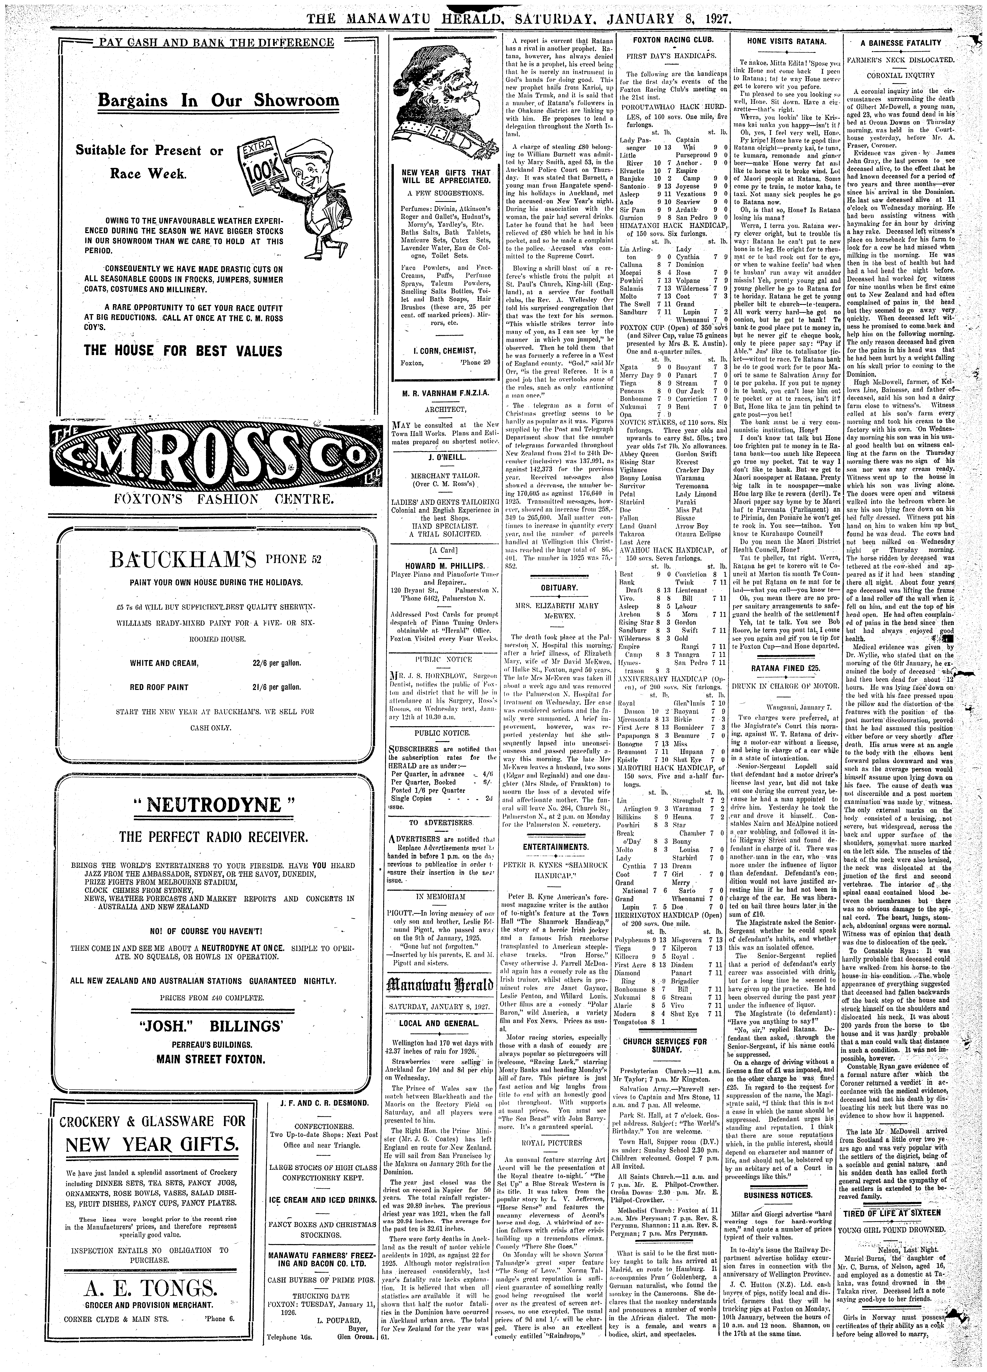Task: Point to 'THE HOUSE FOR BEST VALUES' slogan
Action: [x=183, y=351]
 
